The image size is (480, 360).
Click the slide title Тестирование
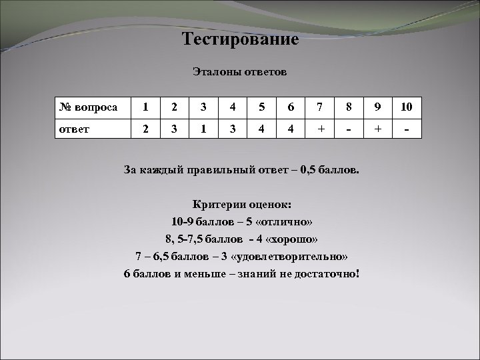(x=240, y=39)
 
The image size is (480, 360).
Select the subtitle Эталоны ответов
(x=239, y=71)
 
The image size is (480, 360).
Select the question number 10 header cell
(x=407, y=107)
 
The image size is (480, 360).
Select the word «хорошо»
(x=287, y=239)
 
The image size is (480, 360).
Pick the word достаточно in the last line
(x=323, y=274)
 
